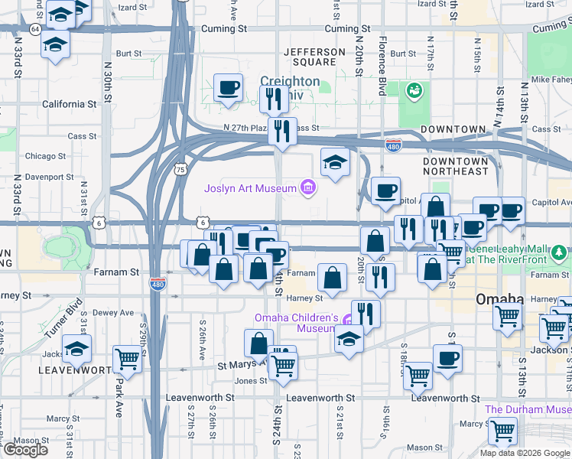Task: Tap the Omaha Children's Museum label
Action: coord(296,323)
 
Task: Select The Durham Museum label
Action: coord(528,409)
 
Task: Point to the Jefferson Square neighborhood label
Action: coord(314,57)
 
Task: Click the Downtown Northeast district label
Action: coord(455,166)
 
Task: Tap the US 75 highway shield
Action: coord(180,168)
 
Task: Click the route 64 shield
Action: coord(35,29)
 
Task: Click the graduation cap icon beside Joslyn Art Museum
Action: coord(335,161)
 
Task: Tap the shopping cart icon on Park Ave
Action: coord(127,359)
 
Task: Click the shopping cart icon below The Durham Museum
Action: coord(503,431)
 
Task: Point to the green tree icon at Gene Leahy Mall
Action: coord(561,252)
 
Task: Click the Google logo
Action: coord(24,450)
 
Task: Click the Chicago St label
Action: coord(50,156)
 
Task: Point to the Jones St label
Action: coord(251,381)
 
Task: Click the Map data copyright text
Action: coord(525,453)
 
